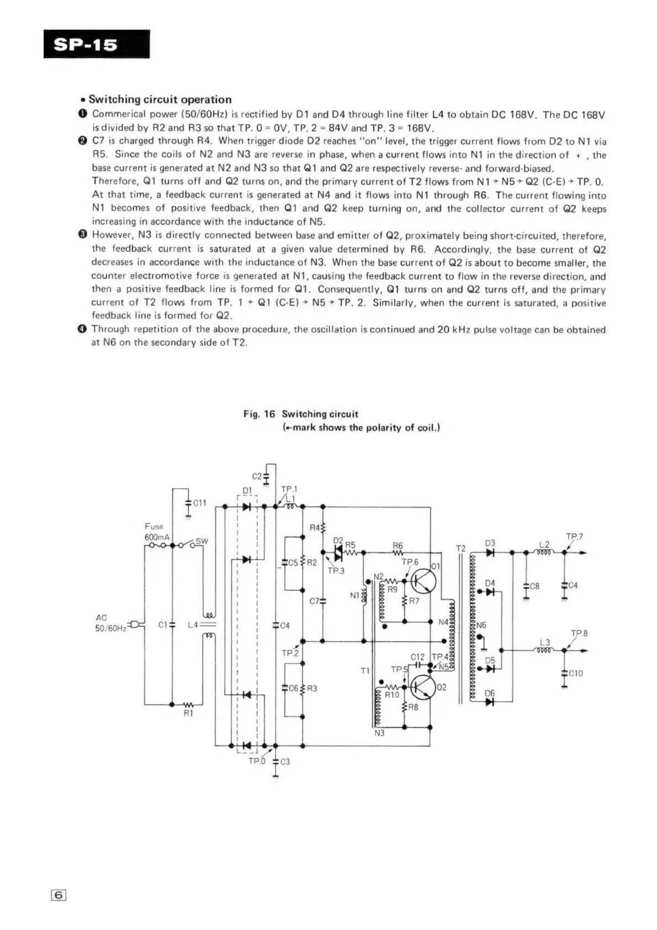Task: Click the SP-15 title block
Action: click(97, 44)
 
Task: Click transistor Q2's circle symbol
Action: click(422, 686)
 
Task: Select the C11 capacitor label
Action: click(199, 503)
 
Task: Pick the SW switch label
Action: click(202, 541)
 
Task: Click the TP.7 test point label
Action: click(574, 536)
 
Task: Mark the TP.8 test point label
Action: click(579, 633)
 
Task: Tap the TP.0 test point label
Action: click(257, 761)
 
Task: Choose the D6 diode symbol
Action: click(489, 702)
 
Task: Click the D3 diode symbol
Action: click(489, 552)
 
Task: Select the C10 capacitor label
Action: click(575, 673)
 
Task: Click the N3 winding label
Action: click(379, 733)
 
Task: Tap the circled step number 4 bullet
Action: click(82, 329)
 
